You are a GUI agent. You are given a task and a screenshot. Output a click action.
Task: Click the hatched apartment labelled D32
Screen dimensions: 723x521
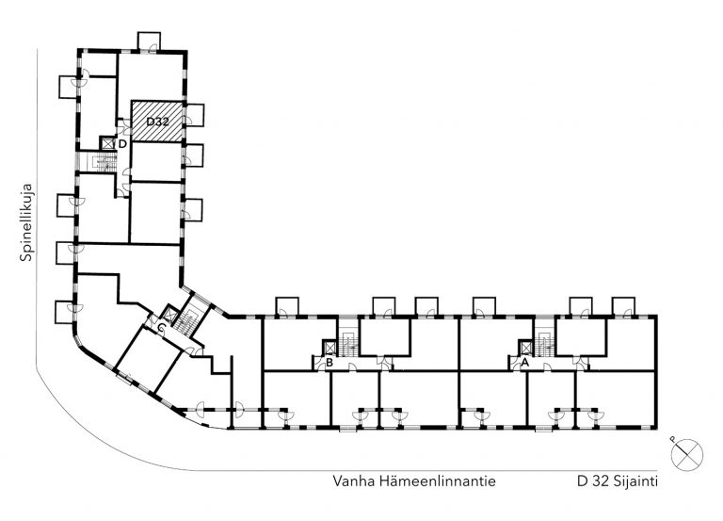[x=158, y=122]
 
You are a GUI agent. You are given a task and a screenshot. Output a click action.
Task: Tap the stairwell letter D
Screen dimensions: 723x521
[x=122, y=144]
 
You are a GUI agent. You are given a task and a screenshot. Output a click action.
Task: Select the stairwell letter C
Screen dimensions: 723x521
[x=161, y=328]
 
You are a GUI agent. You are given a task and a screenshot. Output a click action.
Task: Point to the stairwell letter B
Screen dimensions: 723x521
[x=329, y=363]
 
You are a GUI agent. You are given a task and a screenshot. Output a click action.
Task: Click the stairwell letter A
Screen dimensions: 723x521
[x=524, y=363]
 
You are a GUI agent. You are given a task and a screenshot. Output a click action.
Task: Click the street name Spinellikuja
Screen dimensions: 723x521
[x=26, y=223]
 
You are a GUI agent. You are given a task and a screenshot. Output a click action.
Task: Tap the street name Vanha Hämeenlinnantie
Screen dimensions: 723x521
[x=414, y=481]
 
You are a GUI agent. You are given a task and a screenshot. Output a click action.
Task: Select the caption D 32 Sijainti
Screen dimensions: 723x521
[x=618, y=481]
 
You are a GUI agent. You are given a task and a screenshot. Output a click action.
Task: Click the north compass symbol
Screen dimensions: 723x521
[x=686, y=455]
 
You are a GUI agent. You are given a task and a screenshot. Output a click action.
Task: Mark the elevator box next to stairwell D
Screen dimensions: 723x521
[x=107, y=144]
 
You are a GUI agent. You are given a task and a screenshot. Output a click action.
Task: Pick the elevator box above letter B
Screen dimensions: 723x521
[x=330, y=348]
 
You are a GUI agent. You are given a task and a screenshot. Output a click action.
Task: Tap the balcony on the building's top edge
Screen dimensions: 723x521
[x=150, y=41]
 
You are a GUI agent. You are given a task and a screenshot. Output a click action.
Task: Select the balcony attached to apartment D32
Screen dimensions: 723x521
[x=194, y=115]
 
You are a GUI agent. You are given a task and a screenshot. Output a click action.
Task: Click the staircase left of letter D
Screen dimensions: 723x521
[x=100, y=162]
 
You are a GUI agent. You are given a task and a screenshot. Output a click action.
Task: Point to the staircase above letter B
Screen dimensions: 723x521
[x=346, y=343]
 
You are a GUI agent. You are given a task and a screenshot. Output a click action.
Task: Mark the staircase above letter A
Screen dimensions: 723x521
[x=544, y=343]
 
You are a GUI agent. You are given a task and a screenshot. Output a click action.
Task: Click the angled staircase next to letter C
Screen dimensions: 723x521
[x=188, y=317]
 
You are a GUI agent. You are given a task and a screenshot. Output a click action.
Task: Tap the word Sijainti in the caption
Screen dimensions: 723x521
[x=636, y=481]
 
